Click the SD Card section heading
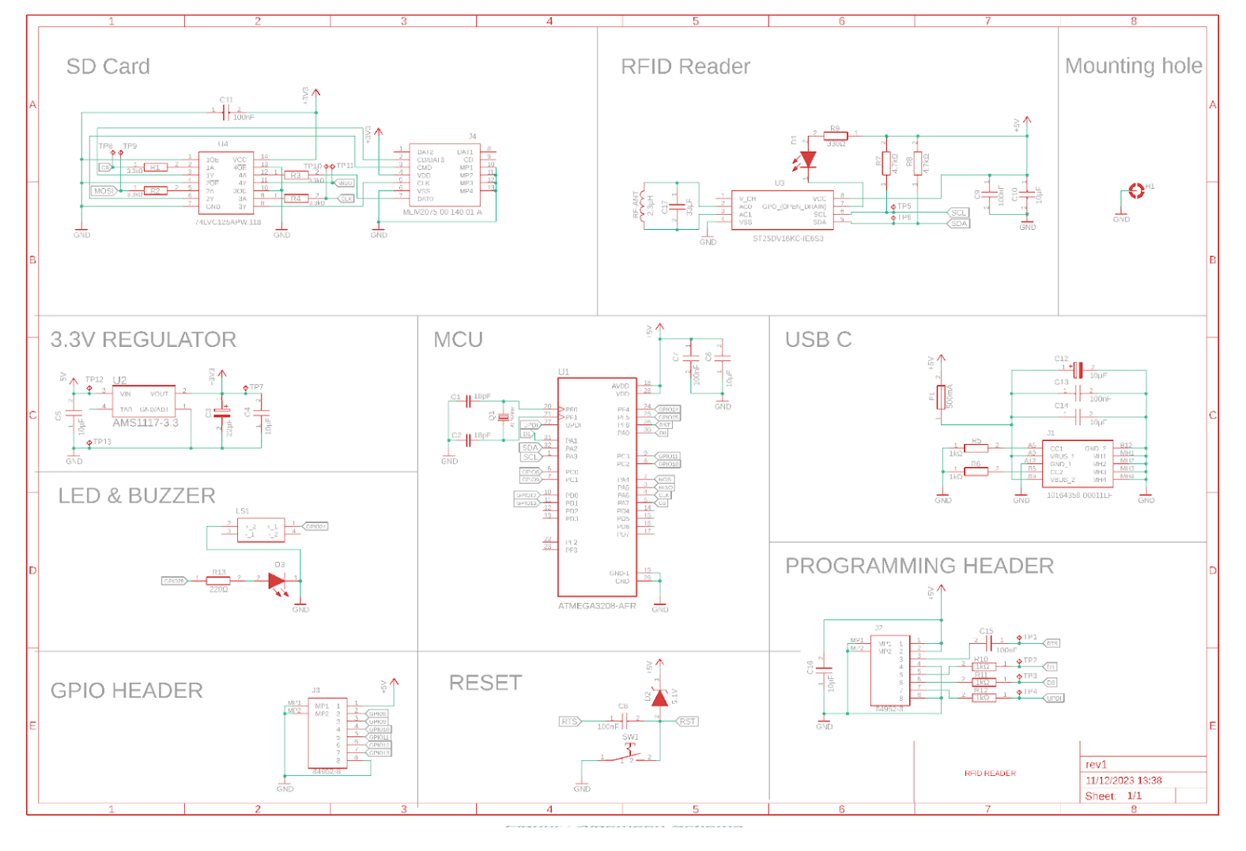pyautogui.click(x=108, y=66)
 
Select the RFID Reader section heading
pyautogui.click(x=685, y=66)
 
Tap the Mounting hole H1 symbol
pyautogui.click(x=1136, y=190)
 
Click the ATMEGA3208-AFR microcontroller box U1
pyautogui.click(x=597, y=486)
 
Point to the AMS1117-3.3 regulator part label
pyautogui.click(x=145, y=423)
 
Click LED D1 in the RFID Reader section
pyautogui.click(x=807, y=160)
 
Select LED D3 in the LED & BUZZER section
pyautogui.click(x=277, y=581)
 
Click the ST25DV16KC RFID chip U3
pyautogui.click(x=781, y=210)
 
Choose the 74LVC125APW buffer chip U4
pyautogui.click(x=226, y=183)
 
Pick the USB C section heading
pyautogui.click(x=817, y=340)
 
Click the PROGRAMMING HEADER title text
pyautogui.click(x=919, y=566)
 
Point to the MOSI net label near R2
pyautogui.click(x=104, y=191)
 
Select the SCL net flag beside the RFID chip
pyautogui.click(x=958, y=213)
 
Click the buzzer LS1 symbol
pyautogui.click(x=261, y=530)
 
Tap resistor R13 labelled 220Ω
pyautogui.click(x=218, y=581)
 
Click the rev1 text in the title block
pyautogui.click(x=1096, y=765)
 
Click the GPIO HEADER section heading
pyautogui.click(x=126, y=691)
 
